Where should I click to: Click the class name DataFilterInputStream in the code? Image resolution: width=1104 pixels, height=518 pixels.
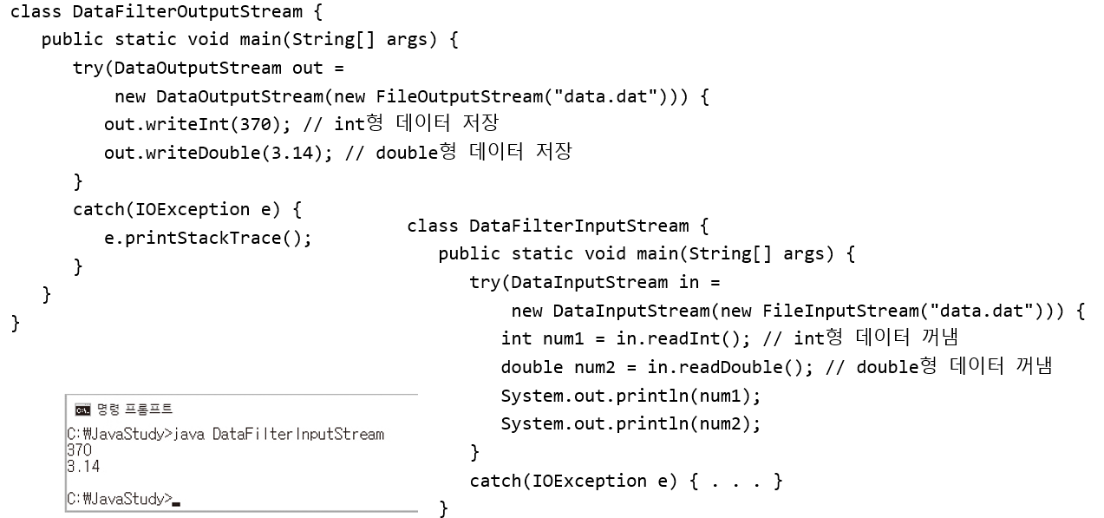coord(578,226)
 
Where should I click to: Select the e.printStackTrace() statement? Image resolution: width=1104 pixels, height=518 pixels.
coord(207,238)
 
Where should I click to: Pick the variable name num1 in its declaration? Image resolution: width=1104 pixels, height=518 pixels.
coord(564,338)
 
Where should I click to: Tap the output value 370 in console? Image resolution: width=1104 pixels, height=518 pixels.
coord(78,450)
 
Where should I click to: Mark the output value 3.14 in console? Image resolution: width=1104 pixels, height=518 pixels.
coord(83,467)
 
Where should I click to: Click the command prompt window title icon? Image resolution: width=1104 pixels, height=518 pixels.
coord(82,410)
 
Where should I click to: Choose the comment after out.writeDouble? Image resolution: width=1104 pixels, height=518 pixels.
coord(459,153)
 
